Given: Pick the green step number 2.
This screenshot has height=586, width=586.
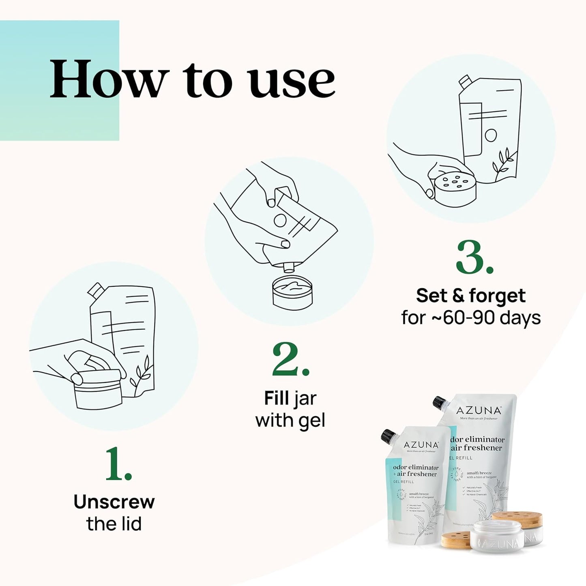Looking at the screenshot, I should coord(290,360).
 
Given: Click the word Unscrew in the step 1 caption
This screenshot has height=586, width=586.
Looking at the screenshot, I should coord(114,502).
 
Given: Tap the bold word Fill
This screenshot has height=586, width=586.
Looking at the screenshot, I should coord(277,398).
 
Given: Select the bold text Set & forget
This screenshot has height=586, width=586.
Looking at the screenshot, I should coord(470,296).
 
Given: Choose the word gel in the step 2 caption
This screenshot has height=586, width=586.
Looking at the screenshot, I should coord(311,421).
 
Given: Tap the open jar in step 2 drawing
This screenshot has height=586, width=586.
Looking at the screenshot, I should coord(292,292).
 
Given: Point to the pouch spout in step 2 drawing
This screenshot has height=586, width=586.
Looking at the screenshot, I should coord(289,267).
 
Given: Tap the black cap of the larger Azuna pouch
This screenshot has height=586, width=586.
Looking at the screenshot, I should coord(439,403).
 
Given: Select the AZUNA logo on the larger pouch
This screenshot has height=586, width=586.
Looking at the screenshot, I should coord(479,410).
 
